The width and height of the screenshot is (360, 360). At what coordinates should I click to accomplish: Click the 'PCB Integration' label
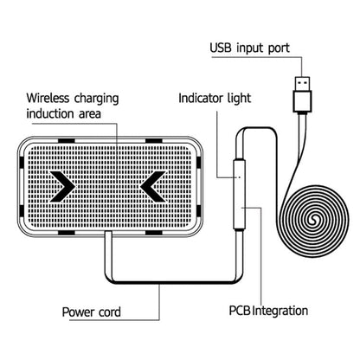tap(267, 309)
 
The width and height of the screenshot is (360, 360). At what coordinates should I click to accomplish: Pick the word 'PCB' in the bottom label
tap(241, 309)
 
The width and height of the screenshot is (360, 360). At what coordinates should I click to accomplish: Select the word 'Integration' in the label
tap(280, 309)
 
